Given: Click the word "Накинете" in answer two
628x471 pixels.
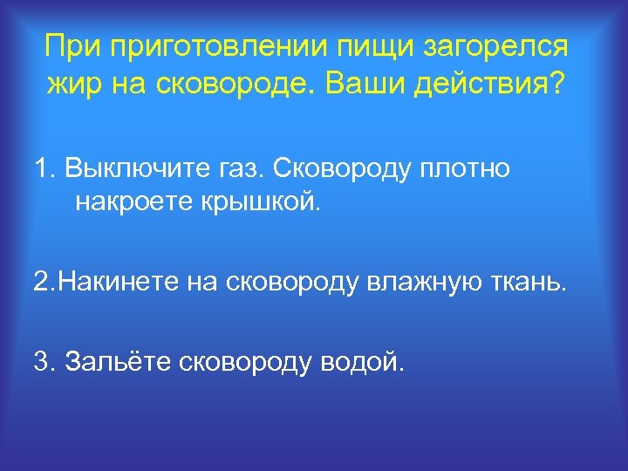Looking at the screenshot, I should click(115, 283).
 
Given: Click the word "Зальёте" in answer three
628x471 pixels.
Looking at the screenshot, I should click(116, 360).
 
